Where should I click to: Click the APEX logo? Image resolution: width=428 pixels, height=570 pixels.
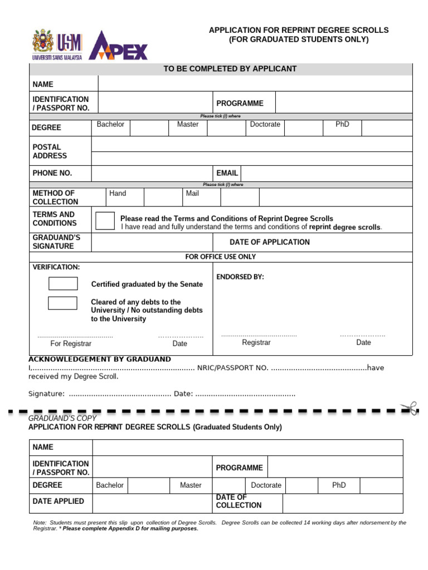coord(118,46)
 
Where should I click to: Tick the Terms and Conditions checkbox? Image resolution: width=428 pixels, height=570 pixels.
coord(105,220)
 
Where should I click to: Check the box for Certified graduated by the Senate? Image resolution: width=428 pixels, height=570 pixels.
coord(63,283)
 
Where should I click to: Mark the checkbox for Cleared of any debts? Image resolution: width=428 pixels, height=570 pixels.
coord(62,303)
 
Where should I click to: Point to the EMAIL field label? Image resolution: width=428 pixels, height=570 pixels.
coord(227,173)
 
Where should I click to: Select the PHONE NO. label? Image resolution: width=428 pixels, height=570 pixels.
coord(52,173)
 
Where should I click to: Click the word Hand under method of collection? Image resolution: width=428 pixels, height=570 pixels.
coord(118,193)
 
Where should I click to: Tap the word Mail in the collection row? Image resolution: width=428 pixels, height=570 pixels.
coord(192,193)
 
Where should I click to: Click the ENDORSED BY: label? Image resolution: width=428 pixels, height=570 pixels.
coord(240,277)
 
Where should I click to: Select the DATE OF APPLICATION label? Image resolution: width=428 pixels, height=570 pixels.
coord(269,242)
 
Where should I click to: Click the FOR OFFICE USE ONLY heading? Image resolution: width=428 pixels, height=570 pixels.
coord(221,257)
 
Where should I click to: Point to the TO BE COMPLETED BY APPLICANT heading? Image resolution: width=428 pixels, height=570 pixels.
coord(230,68)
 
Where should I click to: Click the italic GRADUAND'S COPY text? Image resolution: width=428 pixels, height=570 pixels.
coord(62,418)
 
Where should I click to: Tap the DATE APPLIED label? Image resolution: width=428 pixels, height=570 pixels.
coord(59,501)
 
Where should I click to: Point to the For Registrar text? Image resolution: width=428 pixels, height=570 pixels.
coord(71,343)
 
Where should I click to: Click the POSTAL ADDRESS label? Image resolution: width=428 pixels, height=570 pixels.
coord(50,151)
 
